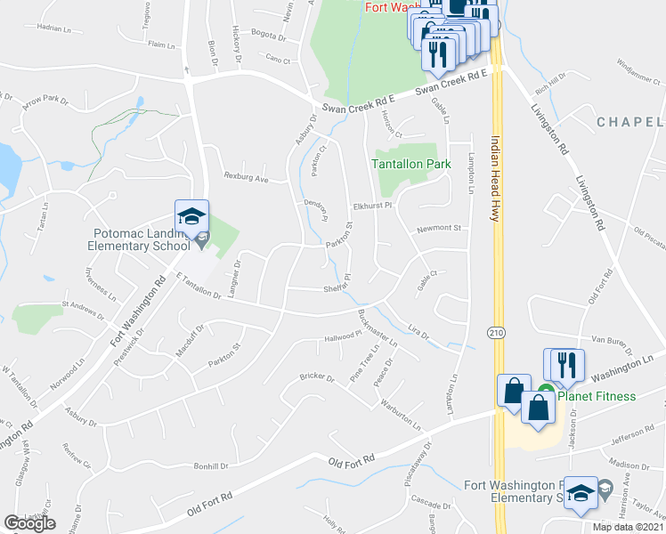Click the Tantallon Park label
411,164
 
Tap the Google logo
29,523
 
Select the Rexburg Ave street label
247,176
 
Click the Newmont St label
438,228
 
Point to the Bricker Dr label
316,378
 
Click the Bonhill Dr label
212,465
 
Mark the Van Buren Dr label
612,340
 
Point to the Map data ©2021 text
628,526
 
